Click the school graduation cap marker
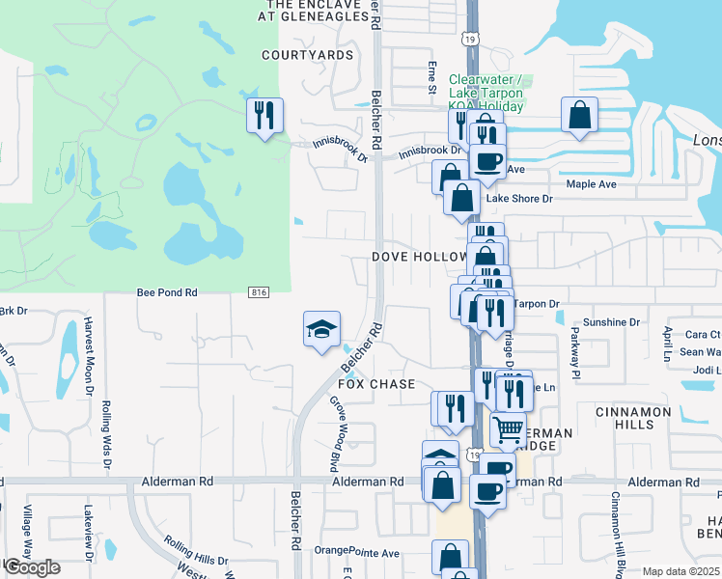coord(322,330)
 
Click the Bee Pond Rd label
coord(167,291)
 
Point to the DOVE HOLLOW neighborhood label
coord(419,258)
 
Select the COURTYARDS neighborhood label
coord(308,55)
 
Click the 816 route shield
coord(258,292)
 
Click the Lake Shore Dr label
coord(518,199)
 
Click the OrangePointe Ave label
coord(357,553)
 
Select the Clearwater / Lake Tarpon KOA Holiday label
coord(486,93)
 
